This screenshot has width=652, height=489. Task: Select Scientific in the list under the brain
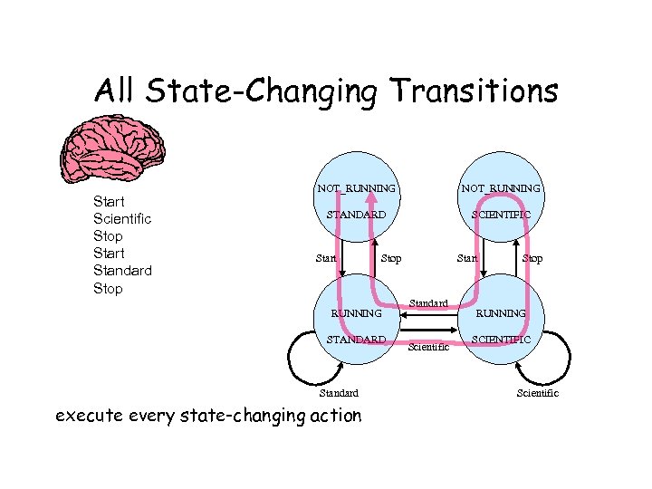(122, 218)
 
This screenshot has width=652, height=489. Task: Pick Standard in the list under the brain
(122, 270)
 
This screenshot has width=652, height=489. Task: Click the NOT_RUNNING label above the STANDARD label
(356, 188)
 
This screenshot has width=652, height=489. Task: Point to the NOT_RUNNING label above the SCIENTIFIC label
(501, 188)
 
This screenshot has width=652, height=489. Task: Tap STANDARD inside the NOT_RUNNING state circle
(356, 215)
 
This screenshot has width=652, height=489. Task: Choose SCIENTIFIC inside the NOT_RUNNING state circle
(501, 215)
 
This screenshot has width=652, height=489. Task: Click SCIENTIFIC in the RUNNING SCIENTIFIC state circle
(501, 339)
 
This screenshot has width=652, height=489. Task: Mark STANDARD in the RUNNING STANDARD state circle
(356, 339)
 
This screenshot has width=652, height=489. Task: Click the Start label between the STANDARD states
(326, 259)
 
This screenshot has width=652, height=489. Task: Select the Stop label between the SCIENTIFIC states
(532, 259)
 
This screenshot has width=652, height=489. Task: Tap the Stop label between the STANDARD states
(391, 259)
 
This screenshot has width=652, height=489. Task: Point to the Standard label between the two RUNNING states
(428, 302)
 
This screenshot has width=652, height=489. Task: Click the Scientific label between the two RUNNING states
(428, 347)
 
